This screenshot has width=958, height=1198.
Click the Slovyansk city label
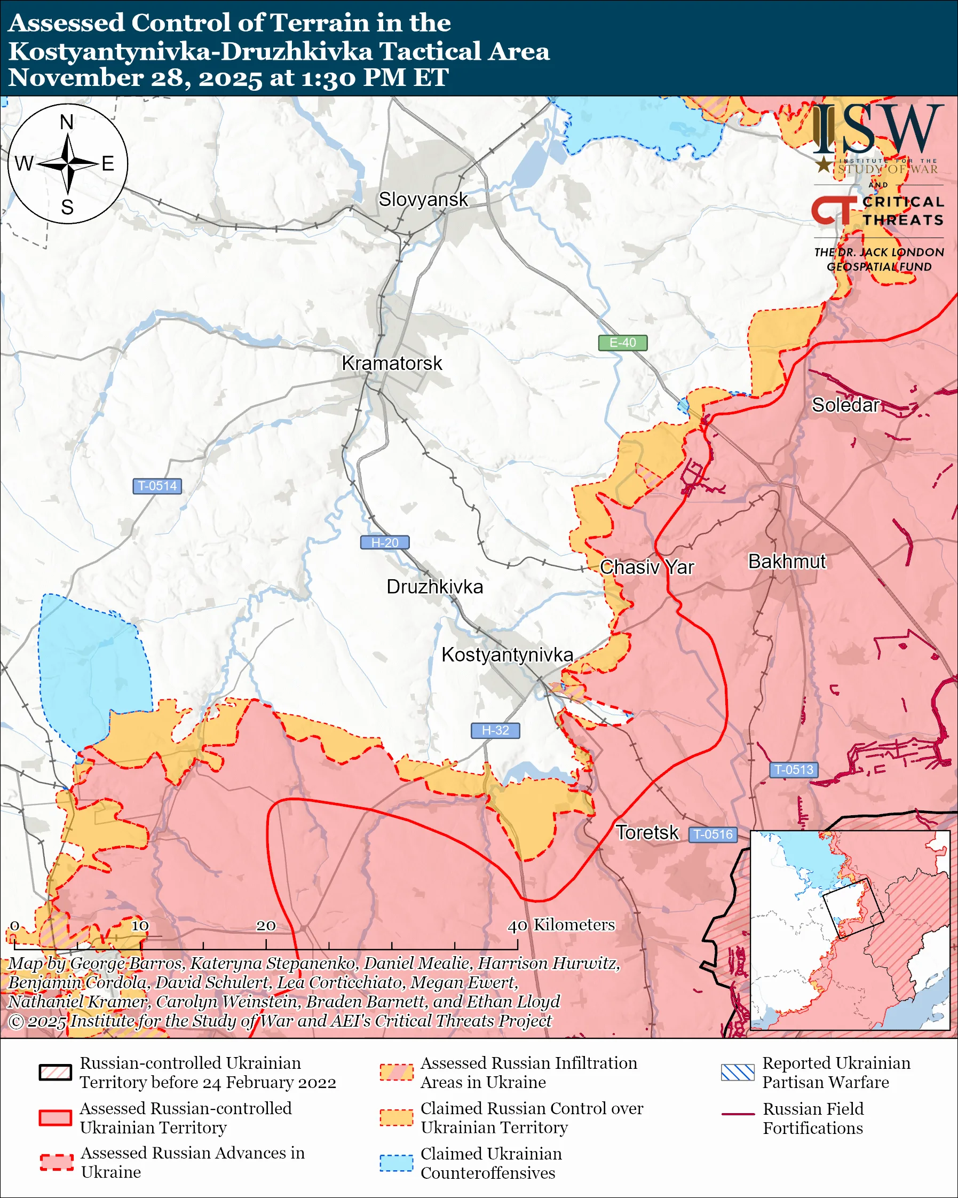[x=423, y=200]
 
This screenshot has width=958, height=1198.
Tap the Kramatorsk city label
[x=392, y=364]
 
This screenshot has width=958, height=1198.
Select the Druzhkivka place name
[x=434, y=587]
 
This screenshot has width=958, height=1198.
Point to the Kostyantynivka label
[x=507, y=655]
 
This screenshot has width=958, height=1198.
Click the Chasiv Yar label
[x=646, y=568]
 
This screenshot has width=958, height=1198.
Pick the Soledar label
[x=845, y=405]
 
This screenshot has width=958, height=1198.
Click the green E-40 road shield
[x=622, y=343]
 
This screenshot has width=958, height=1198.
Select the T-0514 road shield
[x=157, y=486]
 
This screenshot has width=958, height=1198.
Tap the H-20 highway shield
[x=385, y=543]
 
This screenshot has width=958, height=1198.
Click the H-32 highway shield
[x=495, y=731]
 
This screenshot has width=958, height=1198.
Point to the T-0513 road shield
[x=794, y=770]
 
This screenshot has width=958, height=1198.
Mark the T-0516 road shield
[x=713, y=834]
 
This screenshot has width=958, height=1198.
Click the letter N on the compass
[x=67, y=122]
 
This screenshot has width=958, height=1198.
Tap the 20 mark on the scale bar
[x=265, y=926]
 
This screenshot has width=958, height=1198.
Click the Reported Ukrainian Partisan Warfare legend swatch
[x=738, y=1073]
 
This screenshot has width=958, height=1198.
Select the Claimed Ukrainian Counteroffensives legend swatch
[x=396, y=1163]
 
